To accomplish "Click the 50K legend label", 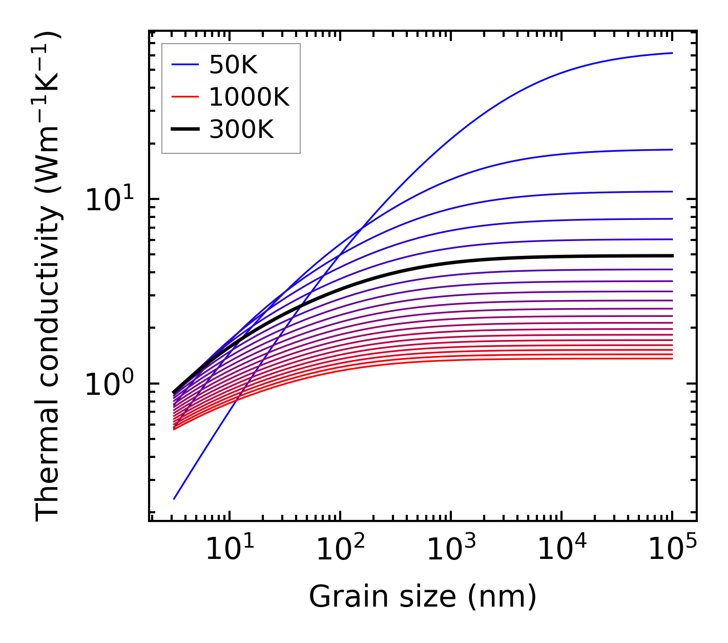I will [233, 65].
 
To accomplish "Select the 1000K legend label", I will [249, 97].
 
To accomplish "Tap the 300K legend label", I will [241, 130].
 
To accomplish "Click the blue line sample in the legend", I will [184, 65].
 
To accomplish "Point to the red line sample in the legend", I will [184, 97].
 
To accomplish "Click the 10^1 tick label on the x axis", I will [229, 550].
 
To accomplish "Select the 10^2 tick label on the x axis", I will [340, 550].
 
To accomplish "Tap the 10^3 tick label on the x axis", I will [450, 550].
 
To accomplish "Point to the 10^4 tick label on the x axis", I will [561, 550].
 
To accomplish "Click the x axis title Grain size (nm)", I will [423, 597].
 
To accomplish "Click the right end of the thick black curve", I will [672, 255].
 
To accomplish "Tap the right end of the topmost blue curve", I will [672, 53].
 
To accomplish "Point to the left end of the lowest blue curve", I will [174, 498].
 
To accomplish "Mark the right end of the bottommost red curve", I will [672, 358].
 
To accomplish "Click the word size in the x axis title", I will [433, 597].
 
